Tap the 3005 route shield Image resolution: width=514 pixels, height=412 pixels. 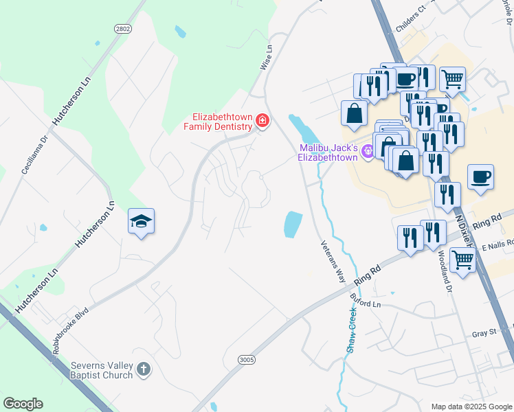click(247, 360)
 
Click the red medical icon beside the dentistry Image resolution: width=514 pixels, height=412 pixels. click(261, 122)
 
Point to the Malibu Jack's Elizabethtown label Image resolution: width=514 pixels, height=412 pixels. click(328, 152)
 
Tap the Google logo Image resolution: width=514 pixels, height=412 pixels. click(23, 404)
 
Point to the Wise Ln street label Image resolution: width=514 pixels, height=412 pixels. click(266, 58)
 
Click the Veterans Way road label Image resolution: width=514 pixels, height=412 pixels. click(332, 261)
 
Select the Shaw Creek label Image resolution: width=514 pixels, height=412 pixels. click(352, 330)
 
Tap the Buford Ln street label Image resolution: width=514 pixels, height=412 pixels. click(365, 303)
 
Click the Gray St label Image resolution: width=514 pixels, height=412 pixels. click(484, 334)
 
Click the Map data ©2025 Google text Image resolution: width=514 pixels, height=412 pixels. click(471, 407)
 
